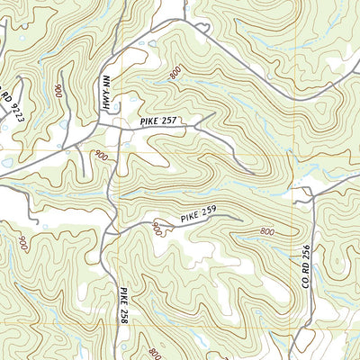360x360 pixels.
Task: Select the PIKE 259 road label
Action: (197, 215)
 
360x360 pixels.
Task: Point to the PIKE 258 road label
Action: (123, 306)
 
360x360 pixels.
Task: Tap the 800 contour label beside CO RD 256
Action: (267, 233)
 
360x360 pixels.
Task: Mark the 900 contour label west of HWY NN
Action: (59, 90)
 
